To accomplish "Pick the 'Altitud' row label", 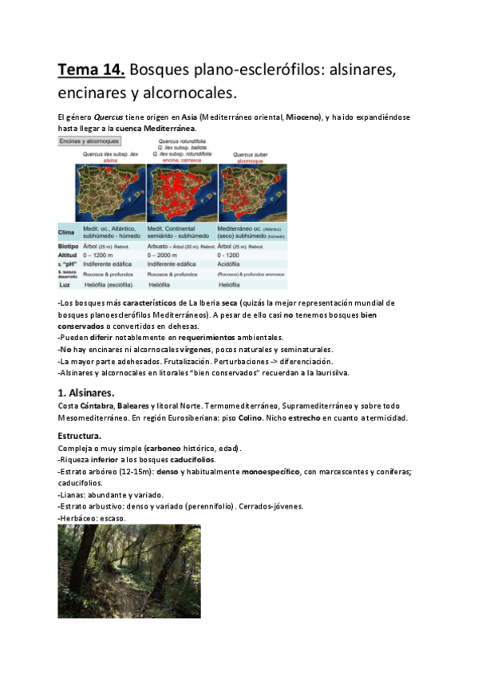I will [x=69, y=255].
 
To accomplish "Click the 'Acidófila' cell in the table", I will [x=233, y=264].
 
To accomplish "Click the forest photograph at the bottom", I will [x=129, y=570].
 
